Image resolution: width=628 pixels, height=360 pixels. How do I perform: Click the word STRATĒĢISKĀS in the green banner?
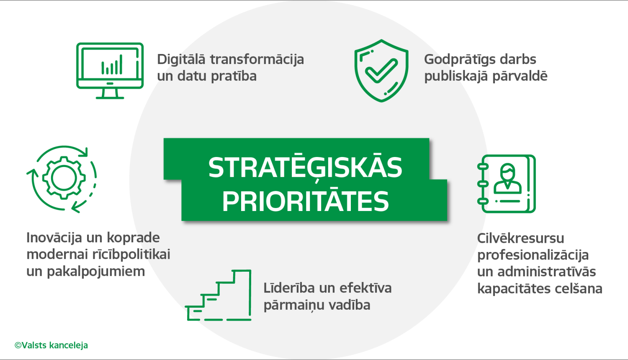(305, 167)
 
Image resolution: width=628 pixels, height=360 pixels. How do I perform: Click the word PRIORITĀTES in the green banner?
(305, 201)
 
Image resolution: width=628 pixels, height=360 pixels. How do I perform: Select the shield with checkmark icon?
(381, 70)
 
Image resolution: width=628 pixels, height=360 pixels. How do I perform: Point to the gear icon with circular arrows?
(63, 178)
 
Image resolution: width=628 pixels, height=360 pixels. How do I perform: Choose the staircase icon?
(219, 296)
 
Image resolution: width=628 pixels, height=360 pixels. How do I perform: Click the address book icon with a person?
(507, 184)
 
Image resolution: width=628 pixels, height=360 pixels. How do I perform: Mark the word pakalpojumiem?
(96, 272)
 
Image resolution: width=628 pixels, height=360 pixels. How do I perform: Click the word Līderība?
(289, 288)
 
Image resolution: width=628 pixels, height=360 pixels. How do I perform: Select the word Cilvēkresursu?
(520, 238)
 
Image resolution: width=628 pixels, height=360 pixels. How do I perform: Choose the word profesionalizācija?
(533, 255)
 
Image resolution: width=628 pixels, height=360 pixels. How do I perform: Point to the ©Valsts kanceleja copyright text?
(51, 345)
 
